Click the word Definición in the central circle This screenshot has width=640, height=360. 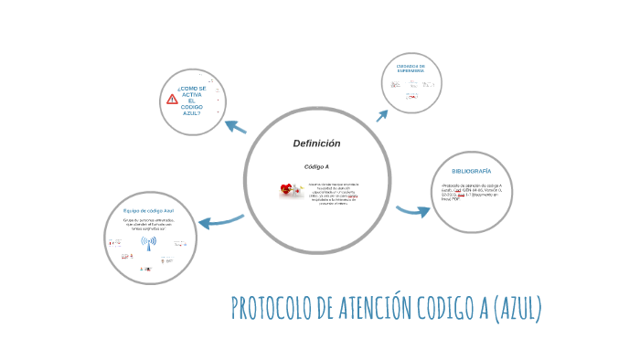[x=316, y=143]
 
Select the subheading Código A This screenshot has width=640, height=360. [x=316, y=167]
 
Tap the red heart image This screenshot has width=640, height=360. [x=288, y=190]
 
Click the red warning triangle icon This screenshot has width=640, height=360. [x=172, y=99]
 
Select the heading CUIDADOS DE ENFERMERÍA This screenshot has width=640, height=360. [x=411, y=69]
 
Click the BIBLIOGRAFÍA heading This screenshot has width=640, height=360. [x=471, y=171]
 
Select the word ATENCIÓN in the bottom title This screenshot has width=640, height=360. [x=377, y=310]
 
